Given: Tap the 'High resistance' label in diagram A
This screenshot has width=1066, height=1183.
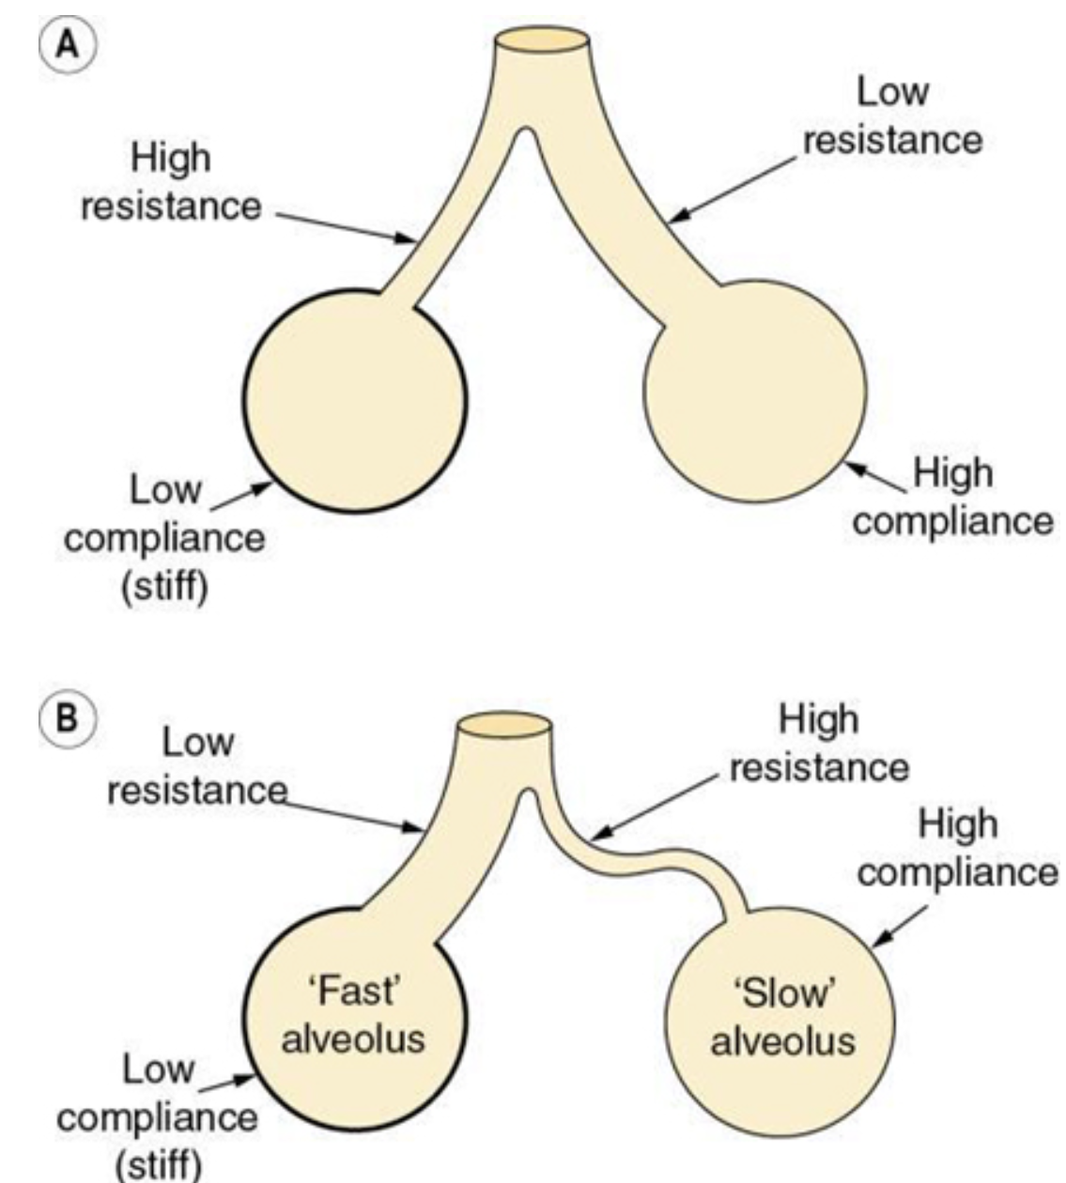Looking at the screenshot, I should [171, 182].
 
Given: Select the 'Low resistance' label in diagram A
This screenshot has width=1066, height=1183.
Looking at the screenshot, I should [892, 116].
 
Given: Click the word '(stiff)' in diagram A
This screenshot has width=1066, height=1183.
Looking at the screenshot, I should [165, 588].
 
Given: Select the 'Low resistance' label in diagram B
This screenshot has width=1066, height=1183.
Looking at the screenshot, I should [196, 766].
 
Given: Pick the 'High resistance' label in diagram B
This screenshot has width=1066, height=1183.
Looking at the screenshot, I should [819, 744].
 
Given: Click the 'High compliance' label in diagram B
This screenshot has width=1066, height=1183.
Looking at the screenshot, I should [958, 848].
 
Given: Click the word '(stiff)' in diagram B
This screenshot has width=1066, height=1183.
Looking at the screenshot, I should [158, 1165].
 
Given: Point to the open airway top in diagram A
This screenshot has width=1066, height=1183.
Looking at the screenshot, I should [543, 40].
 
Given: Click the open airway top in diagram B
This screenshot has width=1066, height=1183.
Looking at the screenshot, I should [502, 726].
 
